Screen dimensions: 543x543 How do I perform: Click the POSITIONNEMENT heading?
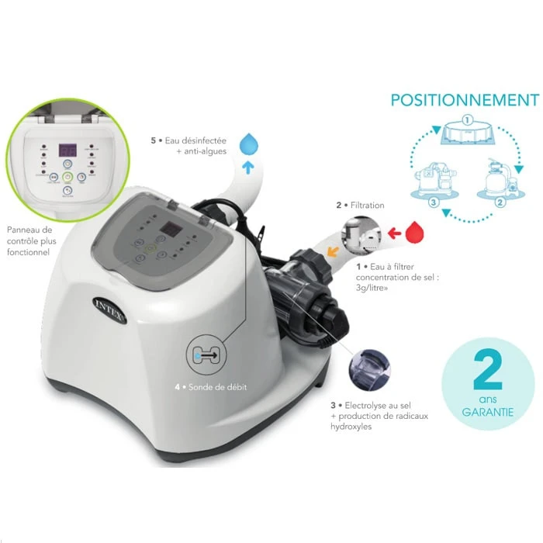point(464,100)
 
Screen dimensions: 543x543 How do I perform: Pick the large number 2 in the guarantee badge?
point(488,372)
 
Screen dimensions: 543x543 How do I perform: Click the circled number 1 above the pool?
point(467,120)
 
